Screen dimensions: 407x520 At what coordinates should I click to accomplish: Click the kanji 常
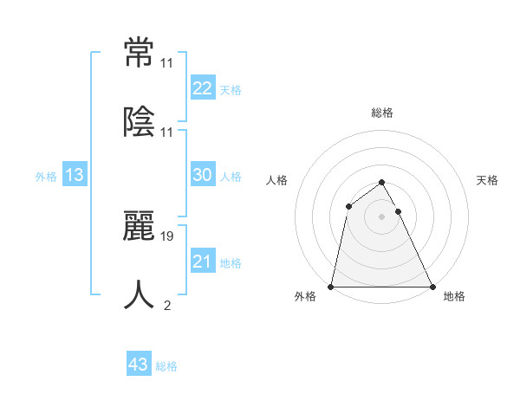coord(140,53)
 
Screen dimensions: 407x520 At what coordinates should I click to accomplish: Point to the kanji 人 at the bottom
coord(140,294)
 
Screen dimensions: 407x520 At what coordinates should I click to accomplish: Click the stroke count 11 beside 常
coord(167,63)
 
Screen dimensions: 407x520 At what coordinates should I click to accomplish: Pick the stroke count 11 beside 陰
coord(167,132)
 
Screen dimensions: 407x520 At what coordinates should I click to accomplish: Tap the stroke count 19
coord(167,236)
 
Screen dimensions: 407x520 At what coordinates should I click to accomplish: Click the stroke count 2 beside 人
coord(166,305)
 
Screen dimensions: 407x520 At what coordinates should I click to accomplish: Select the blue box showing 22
coord(202,87)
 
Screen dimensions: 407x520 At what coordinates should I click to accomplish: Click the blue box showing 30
coord(202,174)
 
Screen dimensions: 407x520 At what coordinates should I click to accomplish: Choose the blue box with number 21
coord(202,261)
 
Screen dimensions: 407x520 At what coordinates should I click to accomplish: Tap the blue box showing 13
coord(75,175)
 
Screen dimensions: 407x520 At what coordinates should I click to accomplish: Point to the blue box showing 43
coord(139,365)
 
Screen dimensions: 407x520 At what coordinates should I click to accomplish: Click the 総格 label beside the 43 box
coord(166,366)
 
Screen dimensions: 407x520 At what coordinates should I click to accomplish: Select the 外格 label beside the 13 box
coord(46,177)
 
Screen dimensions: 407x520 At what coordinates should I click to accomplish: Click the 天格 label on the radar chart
coord(488,180)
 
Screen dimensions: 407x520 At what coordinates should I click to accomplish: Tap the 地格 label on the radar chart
coord(454,296)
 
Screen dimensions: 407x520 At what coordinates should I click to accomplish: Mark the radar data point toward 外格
coord(331,287)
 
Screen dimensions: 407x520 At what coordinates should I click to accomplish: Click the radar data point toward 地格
coord(432,287)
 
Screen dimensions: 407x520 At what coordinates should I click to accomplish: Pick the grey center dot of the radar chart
coord(381,216)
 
